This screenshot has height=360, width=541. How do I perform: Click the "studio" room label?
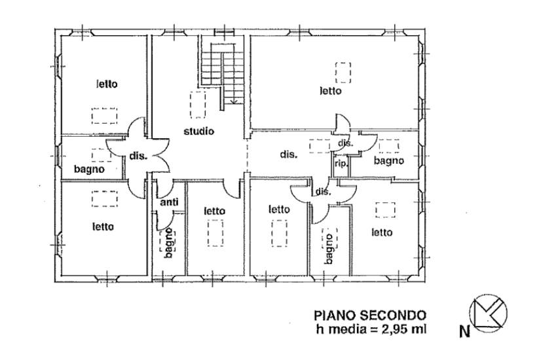(x=198, y=131)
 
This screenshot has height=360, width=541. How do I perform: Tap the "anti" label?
(x=169, y=202)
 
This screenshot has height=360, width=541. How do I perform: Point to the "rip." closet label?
(x=341, y=164)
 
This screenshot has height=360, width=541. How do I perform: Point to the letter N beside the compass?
(x=465, y=332)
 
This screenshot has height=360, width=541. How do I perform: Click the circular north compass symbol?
(x=489, y=313)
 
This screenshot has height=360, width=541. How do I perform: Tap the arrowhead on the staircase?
(x=234, y=101)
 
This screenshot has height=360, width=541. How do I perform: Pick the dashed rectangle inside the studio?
(x=198, y=105)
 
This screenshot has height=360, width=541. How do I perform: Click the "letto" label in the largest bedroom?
(x=331, y=91)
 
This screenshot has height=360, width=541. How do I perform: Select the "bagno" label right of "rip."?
(x=389, y=160)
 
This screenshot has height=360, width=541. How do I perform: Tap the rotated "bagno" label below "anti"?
(x=168, y=243)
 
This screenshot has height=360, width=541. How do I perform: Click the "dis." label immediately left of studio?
(x=138, y=156)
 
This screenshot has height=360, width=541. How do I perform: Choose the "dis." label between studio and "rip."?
(x=288, y=154)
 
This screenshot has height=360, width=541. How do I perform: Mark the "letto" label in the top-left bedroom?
(x=107, y=84)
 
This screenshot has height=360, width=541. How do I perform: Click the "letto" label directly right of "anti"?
(x=215, y=211)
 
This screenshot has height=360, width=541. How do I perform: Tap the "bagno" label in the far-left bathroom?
(x=89, y=170)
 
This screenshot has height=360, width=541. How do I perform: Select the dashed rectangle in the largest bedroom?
(x=343, y=73)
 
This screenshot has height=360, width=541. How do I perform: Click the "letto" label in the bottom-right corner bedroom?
(x=382, y=232)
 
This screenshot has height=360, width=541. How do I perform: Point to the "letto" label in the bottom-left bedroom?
(x=103, y=226)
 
